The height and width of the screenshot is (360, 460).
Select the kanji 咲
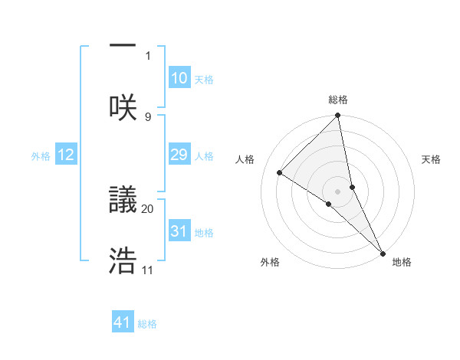pyautogui.click(x=123, y=108)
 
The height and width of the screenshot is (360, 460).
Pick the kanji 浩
pyautogui.click(x=123, y=261)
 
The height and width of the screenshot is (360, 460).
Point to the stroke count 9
pyautogui.click(x=148, y=116)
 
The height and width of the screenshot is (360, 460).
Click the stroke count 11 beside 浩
pyautogui.click(x=148, y=270)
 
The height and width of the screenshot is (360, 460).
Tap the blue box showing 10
pyautogui.click(x=179, y=78)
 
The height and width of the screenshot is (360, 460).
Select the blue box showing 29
pyautogui.click(x=179, y=155)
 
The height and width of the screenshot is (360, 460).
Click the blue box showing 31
pyautogui.click(x=179, y=231)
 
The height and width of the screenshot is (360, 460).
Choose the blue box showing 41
pyautogui.click(x=123, y=322)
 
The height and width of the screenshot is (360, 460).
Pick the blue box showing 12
pyautogui.click(x=66, y=155)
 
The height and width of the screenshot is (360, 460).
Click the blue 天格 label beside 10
pyautogui.click(x=204, y=80)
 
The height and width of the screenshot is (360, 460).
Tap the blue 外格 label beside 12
pyautogui.click(x=41, y=156)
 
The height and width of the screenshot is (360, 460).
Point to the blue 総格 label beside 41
pyautogui.click(x=147, y=324)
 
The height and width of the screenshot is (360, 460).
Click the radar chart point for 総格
pyautogui.click(x=338, y=116)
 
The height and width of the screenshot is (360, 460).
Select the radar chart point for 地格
pyautogui.click(x=383, y=252)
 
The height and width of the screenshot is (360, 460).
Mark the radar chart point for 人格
pyautogui.click(x=280, y=172)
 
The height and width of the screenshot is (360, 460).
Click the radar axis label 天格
pyautogui.click(x=431, y=159)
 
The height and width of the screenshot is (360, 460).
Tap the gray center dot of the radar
pyautogui.click(x=338, y=191)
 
